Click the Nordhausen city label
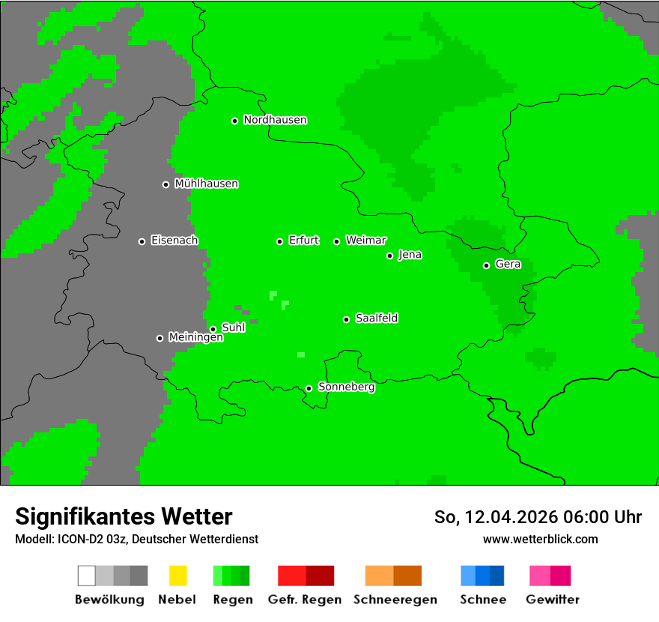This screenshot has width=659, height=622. tap(275, 120)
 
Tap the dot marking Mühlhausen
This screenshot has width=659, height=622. tap(165, 184)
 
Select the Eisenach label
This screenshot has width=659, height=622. tap(174, 241)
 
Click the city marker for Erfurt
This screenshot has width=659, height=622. tap(279, 241)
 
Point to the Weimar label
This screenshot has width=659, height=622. tap(366, 241)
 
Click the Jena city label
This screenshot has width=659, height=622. tap(410, 255)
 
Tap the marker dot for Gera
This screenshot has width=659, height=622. tap(486, 265)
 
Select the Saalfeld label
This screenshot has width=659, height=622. tap(377, 318)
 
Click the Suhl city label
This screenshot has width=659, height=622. tap(234, 327)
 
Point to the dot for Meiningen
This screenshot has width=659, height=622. tap(160, 338)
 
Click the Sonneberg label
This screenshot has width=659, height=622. tap(347, 387)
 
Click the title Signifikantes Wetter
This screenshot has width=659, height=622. tap(124, 516)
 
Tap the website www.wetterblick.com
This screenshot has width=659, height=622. tap(540, 539)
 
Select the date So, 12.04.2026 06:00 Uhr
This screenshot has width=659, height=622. tap(538, 517)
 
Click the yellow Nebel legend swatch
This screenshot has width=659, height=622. tap(177, 576)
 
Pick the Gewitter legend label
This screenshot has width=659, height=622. tap(553, 600)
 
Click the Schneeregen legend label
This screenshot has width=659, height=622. tap(395, 600)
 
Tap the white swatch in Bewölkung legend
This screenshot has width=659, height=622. tap(87, 576)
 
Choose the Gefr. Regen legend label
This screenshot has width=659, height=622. tap(305, 600)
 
